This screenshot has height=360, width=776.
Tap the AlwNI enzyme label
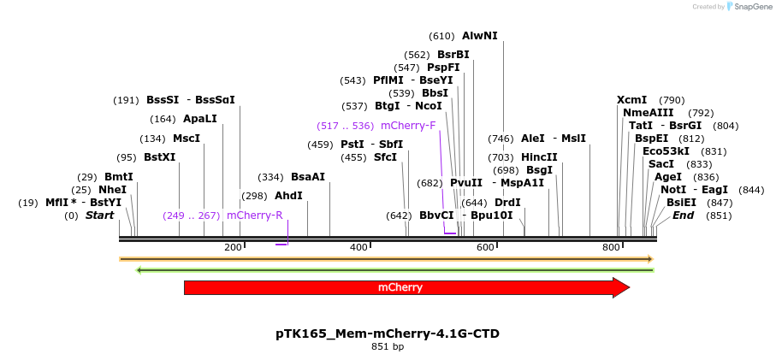[479, 36]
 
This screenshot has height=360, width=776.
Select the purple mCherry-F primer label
[408, 126]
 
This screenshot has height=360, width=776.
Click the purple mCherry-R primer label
[254, 215]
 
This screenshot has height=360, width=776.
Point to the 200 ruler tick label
[233, 247]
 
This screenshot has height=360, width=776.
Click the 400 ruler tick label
[358, 247]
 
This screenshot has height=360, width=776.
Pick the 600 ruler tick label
[485, 247]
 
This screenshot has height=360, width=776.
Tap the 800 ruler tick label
[611, 247]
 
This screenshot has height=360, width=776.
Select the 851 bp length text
[388, 347]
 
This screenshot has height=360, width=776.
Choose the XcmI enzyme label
[631, 100]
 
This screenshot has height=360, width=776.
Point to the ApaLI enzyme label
[200, 119]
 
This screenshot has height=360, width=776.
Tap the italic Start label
[99, 215]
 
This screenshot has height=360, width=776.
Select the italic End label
[683, 215]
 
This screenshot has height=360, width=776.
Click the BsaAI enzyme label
[308, 177]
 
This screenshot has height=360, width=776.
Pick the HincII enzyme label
[539, 157]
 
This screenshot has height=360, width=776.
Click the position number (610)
[441, 36]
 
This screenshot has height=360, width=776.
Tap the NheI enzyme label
[112, 190]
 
